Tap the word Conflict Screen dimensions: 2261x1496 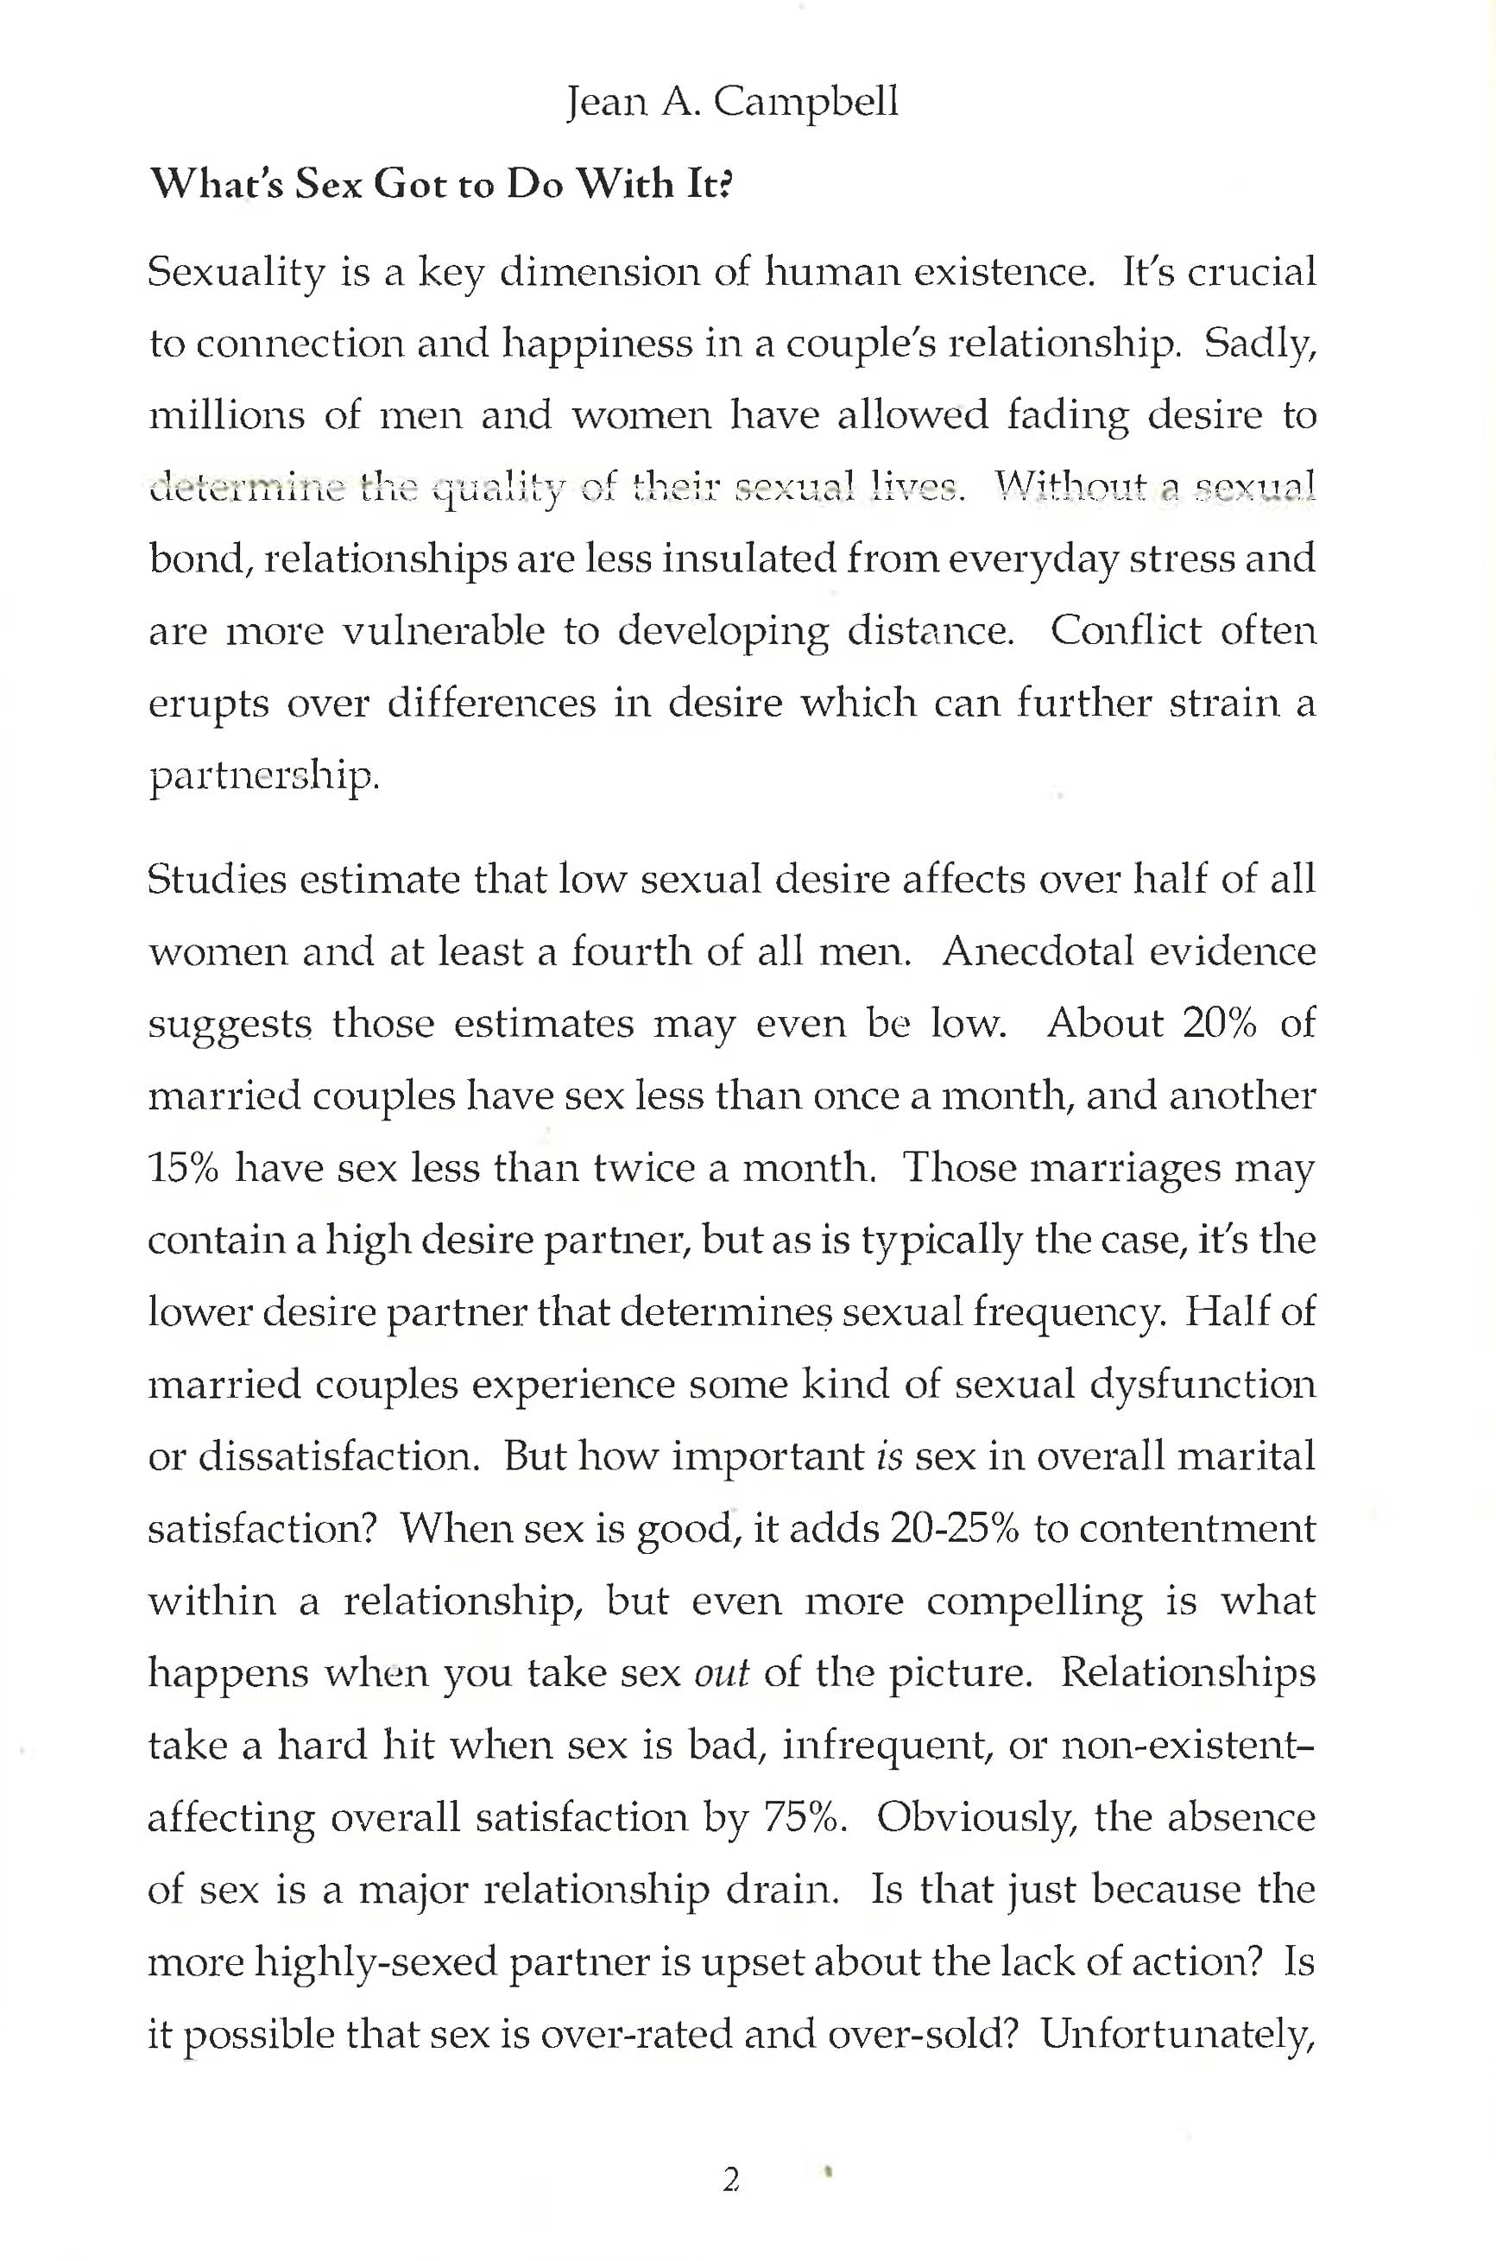[x=1126, y=630]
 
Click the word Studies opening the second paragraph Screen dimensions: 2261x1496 [x=217, y=879]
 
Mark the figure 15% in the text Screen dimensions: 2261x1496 [x=183, y=1168]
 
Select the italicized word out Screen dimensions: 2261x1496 [x=723, y=1673]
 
